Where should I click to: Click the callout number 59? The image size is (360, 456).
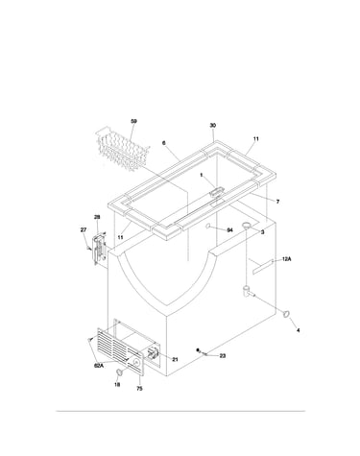(x=133, y=121)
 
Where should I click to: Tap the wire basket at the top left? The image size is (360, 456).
(x=123, y=149)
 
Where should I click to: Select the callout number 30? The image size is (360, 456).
(x=213, y=126)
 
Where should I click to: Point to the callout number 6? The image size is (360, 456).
(x=164, y=143)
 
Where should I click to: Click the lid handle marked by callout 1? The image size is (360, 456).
(x=215, y=192)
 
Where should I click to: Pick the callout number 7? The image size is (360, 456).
(x=277, y=202)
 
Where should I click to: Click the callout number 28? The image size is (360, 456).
(x=97, y=217)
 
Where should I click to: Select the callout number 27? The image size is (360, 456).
(x=84, y=229)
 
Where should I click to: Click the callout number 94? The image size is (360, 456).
(x=229, y=230)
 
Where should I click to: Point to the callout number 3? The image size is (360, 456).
(x=262, y=232)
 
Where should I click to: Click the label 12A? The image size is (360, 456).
(x=286, y=259)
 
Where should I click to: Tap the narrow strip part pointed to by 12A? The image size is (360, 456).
(x=263, y=267)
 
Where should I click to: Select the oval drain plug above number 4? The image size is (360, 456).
(x=286, y=314)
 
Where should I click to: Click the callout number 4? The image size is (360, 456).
(x=298, y=330)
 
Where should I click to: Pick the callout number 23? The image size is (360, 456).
(x=223, y=355)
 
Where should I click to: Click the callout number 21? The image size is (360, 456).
(x=175, y=360)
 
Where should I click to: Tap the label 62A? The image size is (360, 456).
(x=99, y=366)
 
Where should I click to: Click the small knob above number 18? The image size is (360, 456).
(x=119, y=372)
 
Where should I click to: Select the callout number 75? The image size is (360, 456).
(x=139, y=389)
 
